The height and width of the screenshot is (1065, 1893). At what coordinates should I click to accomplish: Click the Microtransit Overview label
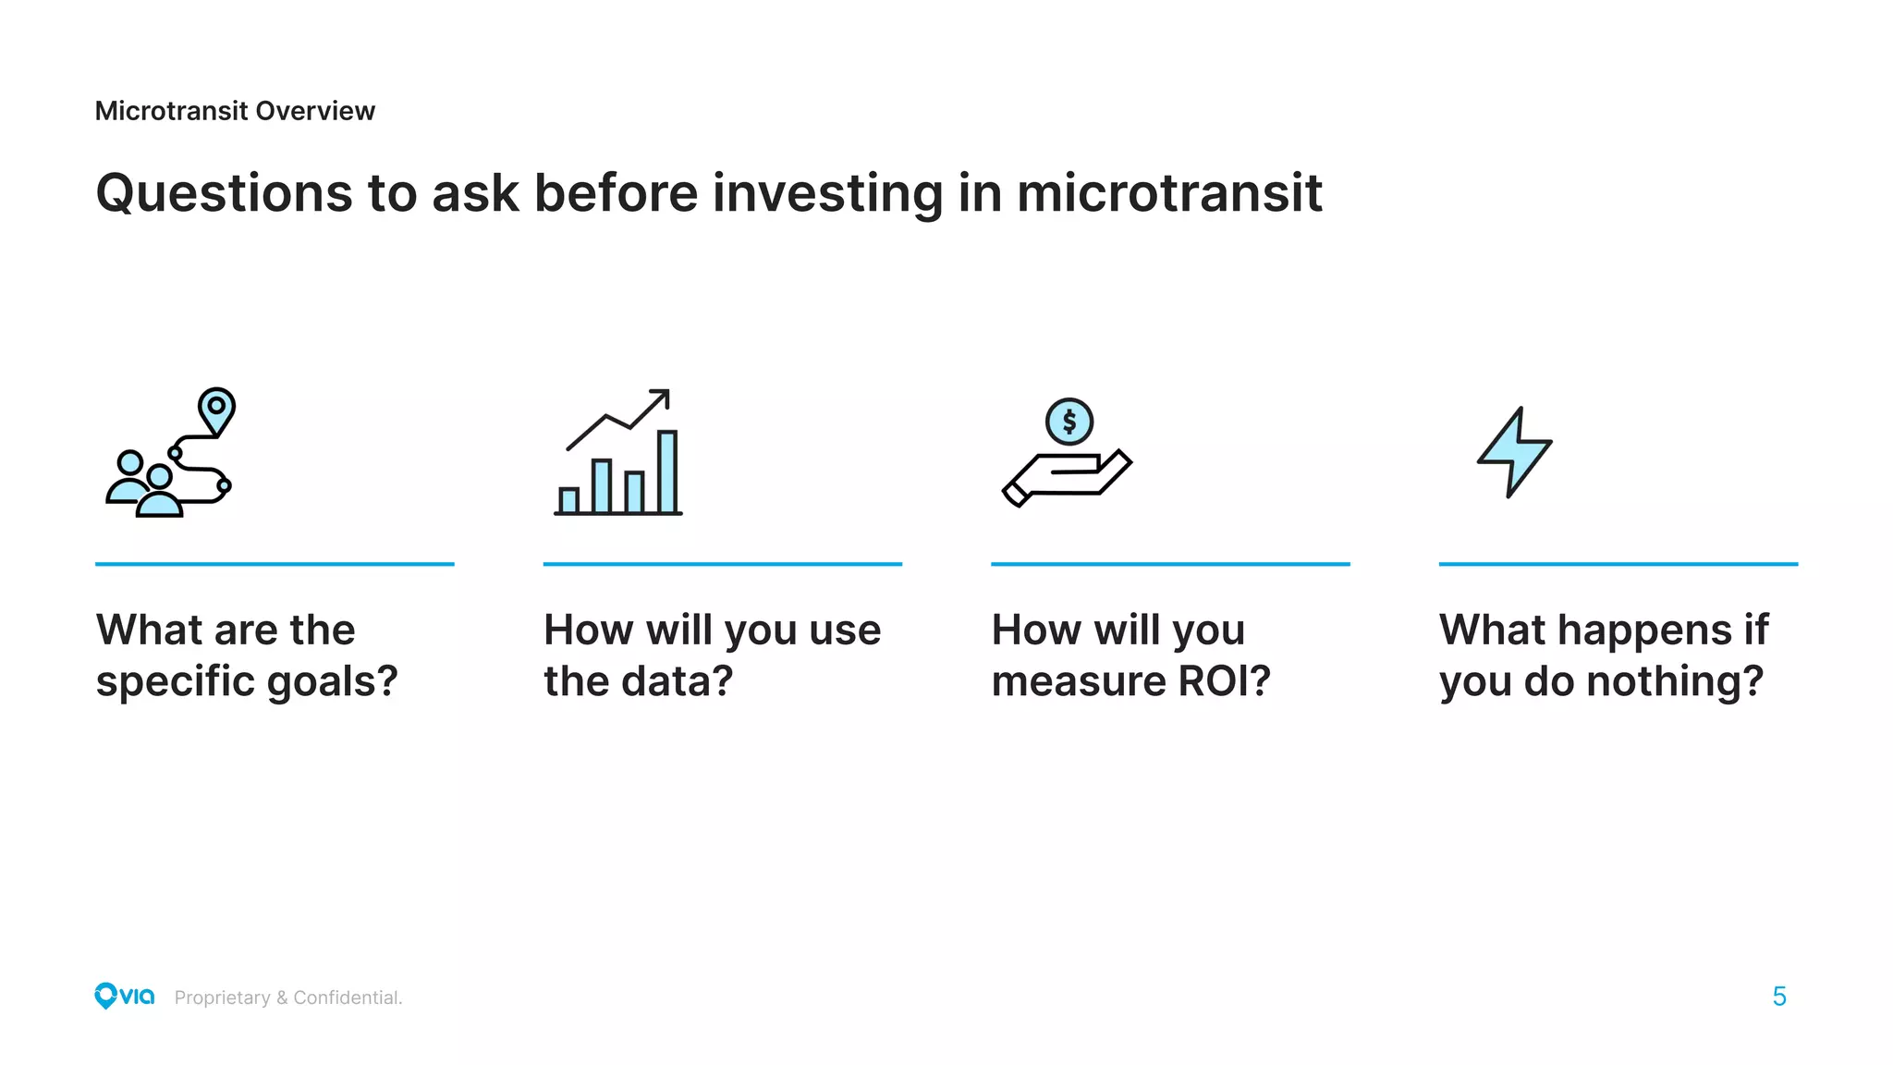tap(235, 111)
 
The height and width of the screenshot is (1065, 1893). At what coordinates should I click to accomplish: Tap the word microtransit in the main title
tap(1168, 194)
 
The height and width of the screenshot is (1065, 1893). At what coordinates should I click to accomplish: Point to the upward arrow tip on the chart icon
tap(662, 396)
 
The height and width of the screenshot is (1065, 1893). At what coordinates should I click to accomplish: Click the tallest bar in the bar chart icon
tap(667, 471)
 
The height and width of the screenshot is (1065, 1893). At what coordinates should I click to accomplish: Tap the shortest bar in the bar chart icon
tap(568, 500)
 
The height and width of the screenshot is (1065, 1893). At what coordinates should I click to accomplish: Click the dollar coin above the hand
tap(1069, 422)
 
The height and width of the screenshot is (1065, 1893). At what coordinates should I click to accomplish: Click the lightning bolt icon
tap(1514, 453)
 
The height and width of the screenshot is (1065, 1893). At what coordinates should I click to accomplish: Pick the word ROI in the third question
tap(1222, 682)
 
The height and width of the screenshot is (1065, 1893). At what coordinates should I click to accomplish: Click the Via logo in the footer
tap(124, 996)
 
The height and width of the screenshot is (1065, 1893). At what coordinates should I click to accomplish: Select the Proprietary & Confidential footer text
tap(288, 998)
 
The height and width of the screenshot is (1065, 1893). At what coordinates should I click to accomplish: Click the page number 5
tap(1779, 997)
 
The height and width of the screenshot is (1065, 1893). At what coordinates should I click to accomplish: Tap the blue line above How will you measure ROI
tap(1170, 563)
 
